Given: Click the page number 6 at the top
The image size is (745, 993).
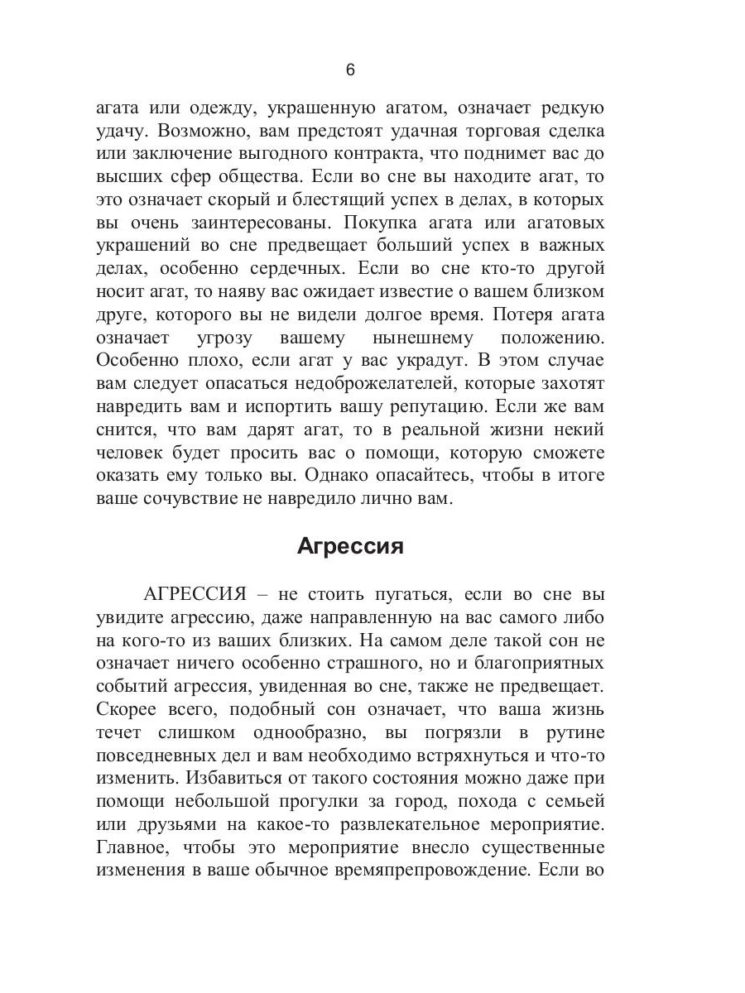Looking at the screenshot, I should coord(349,70).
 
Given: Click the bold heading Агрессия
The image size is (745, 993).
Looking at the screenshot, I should coord(349,548).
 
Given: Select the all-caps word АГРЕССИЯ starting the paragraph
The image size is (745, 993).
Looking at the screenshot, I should coord(195,595).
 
